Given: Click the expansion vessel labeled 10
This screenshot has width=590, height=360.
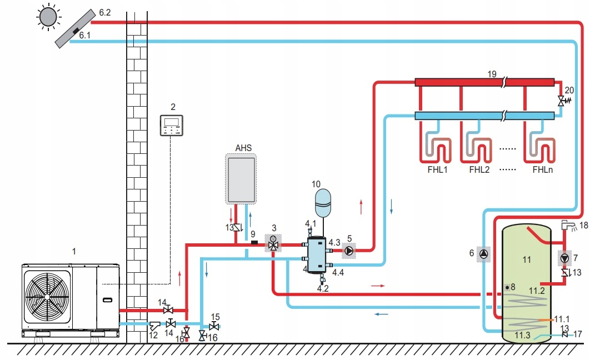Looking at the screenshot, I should point(322,203).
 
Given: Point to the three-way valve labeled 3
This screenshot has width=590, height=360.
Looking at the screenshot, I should point(273,244).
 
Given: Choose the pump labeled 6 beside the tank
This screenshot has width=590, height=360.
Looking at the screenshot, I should point(484,254).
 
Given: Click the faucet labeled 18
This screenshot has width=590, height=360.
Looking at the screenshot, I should point(568,225).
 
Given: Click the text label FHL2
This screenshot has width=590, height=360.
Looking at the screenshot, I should point(479,169).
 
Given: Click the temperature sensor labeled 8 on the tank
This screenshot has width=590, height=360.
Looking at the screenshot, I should point(507,287).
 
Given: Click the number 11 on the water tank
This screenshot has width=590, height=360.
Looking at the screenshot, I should point(527,259).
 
